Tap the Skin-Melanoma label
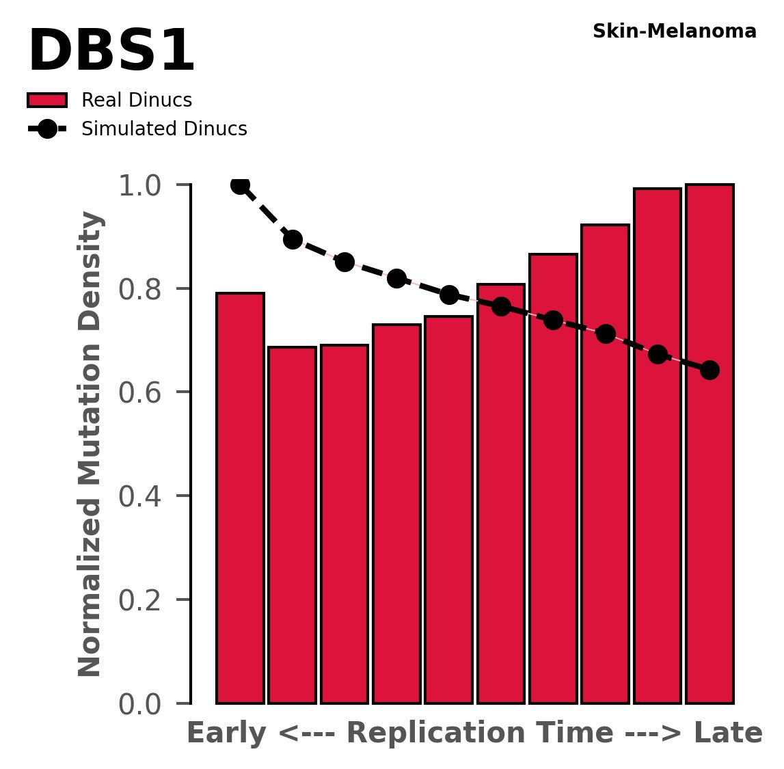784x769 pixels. pyautogui.click(x=674, y=31)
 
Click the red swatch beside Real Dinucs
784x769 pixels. pyautogui.click(x=46, y=100)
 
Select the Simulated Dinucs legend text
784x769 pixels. pyautogui.click(x=164, y=129)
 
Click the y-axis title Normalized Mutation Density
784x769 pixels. pyautogui.click(x=90, y=444)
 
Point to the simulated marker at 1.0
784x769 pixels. pyautogui.click(x=240, y=185)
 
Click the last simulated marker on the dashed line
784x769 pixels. pyautogui.click(x=709, y=370)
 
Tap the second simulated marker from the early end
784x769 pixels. pyautogui.click(x=293, y=239)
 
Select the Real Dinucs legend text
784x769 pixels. pyautogui.click(x=137, y=100)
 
